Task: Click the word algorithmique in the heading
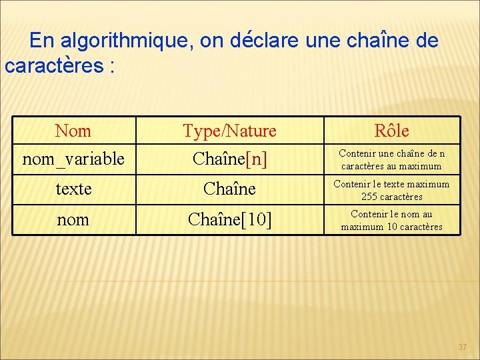125,41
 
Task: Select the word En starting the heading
42,41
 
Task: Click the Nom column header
73,131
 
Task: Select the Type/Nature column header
229,131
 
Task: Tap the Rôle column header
391,131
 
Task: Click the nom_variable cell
73,159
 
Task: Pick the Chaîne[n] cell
229,159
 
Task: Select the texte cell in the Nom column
73,189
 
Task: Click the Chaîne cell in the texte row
229,189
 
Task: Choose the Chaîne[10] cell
229,219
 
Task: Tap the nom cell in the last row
73,219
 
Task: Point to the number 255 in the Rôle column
369,197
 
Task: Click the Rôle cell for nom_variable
391,159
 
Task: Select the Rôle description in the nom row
391,220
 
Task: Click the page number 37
463,347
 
